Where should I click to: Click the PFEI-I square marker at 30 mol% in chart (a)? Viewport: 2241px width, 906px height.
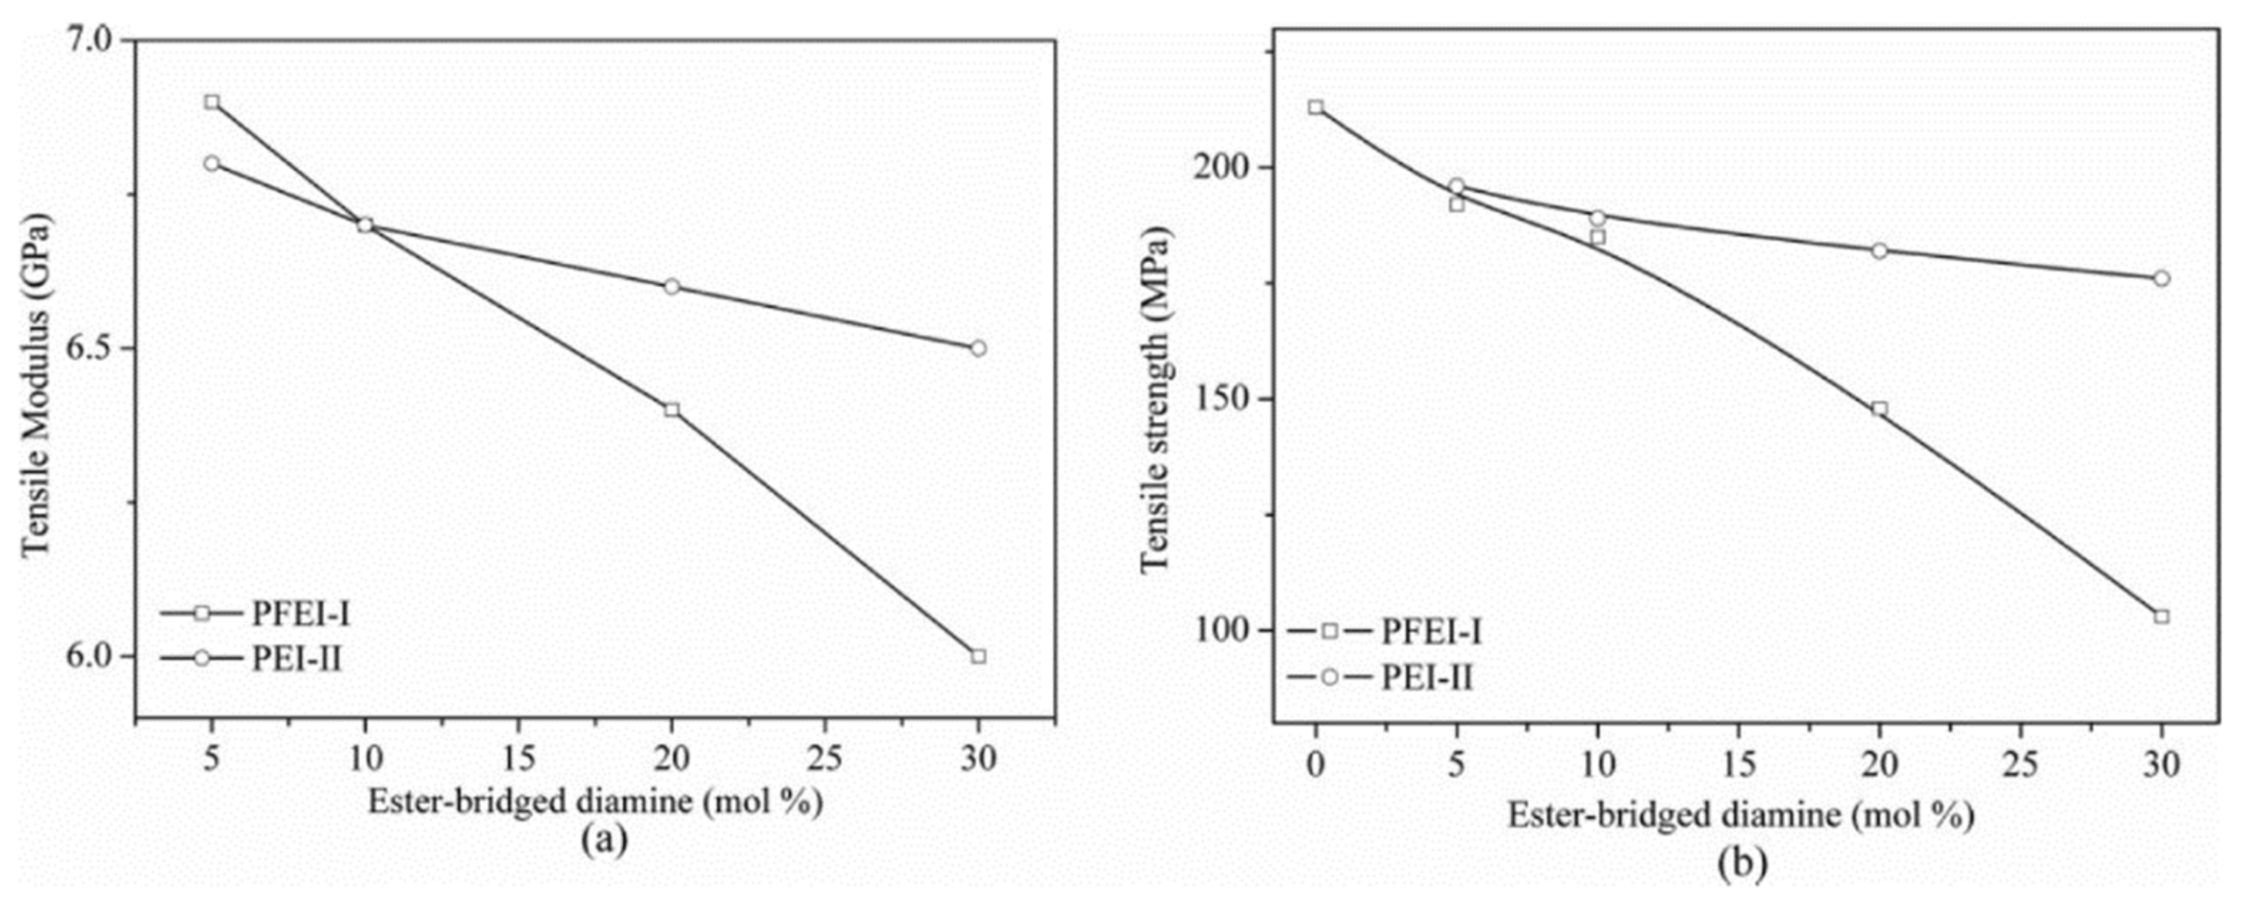[978, 655]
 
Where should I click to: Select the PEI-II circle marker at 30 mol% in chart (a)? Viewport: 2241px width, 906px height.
[978, 348]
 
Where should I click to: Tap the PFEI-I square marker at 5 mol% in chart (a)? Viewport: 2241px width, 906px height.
[211, 102]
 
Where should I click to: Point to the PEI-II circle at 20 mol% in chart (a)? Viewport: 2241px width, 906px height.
[671, 287]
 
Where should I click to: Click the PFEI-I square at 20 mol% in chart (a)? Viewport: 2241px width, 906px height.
[671, 409]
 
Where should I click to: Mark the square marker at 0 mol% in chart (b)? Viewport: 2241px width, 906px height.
[1316, 107]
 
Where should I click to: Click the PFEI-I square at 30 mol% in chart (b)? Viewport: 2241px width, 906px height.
[2161, 616]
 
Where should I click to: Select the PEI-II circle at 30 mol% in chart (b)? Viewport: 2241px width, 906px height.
[2161, 278]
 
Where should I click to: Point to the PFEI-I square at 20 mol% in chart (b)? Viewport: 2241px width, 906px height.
[1879, 409]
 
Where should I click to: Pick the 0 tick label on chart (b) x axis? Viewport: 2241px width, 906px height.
[1316, 764]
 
